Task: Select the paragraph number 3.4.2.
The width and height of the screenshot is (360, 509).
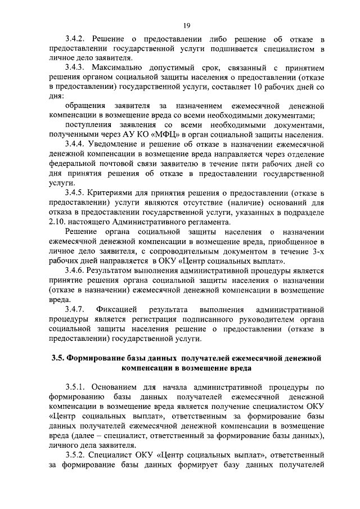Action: (75, 38)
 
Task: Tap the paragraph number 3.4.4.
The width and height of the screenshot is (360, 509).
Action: (75, 145)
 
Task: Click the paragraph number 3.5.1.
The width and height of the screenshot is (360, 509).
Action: (75, 388)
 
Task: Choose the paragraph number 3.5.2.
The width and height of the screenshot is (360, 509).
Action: (75, 454)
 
